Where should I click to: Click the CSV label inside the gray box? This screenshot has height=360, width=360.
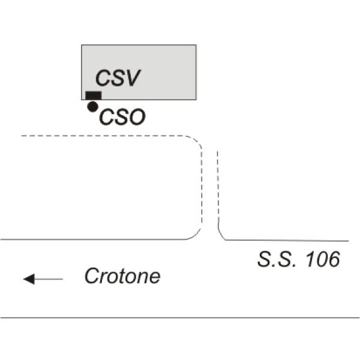click(x=118, y=78)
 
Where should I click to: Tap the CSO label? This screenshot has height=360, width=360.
click(x=122, y=117)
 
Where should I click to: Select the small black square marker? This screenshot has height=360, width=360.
click(x=94, y=95)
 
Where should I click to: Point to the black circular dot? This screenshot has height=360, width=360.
click(x=93, y=107)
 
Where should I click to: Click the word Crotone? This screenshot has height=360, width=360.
click(x=122, y=276)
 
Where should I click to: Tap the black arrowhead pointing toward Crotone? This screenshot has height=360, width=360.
click(x=29, y=279)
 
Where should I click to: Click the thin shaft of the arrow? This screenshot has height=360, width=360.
click(x=49, y=279)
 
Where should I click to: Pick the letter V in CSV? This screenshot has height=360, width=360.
click(x=131, y=78)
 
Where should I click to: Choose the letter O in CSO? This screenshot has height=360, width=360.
click(x=137, y=117)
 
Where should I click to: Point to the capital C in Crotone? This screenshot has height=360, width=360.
click(x=92, y=276)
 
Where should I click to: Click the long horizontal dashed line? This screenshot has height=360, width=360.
click(x=103, y=136)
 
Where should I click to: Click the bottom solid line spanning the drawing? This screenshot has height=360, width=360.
click(x=180, y=318)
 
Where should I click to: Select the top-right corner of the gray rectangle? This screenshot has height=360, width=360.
click(x=196, y=45)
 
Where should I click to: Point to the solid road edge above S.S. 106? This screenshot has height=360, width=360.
click(x=287, y=241)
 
